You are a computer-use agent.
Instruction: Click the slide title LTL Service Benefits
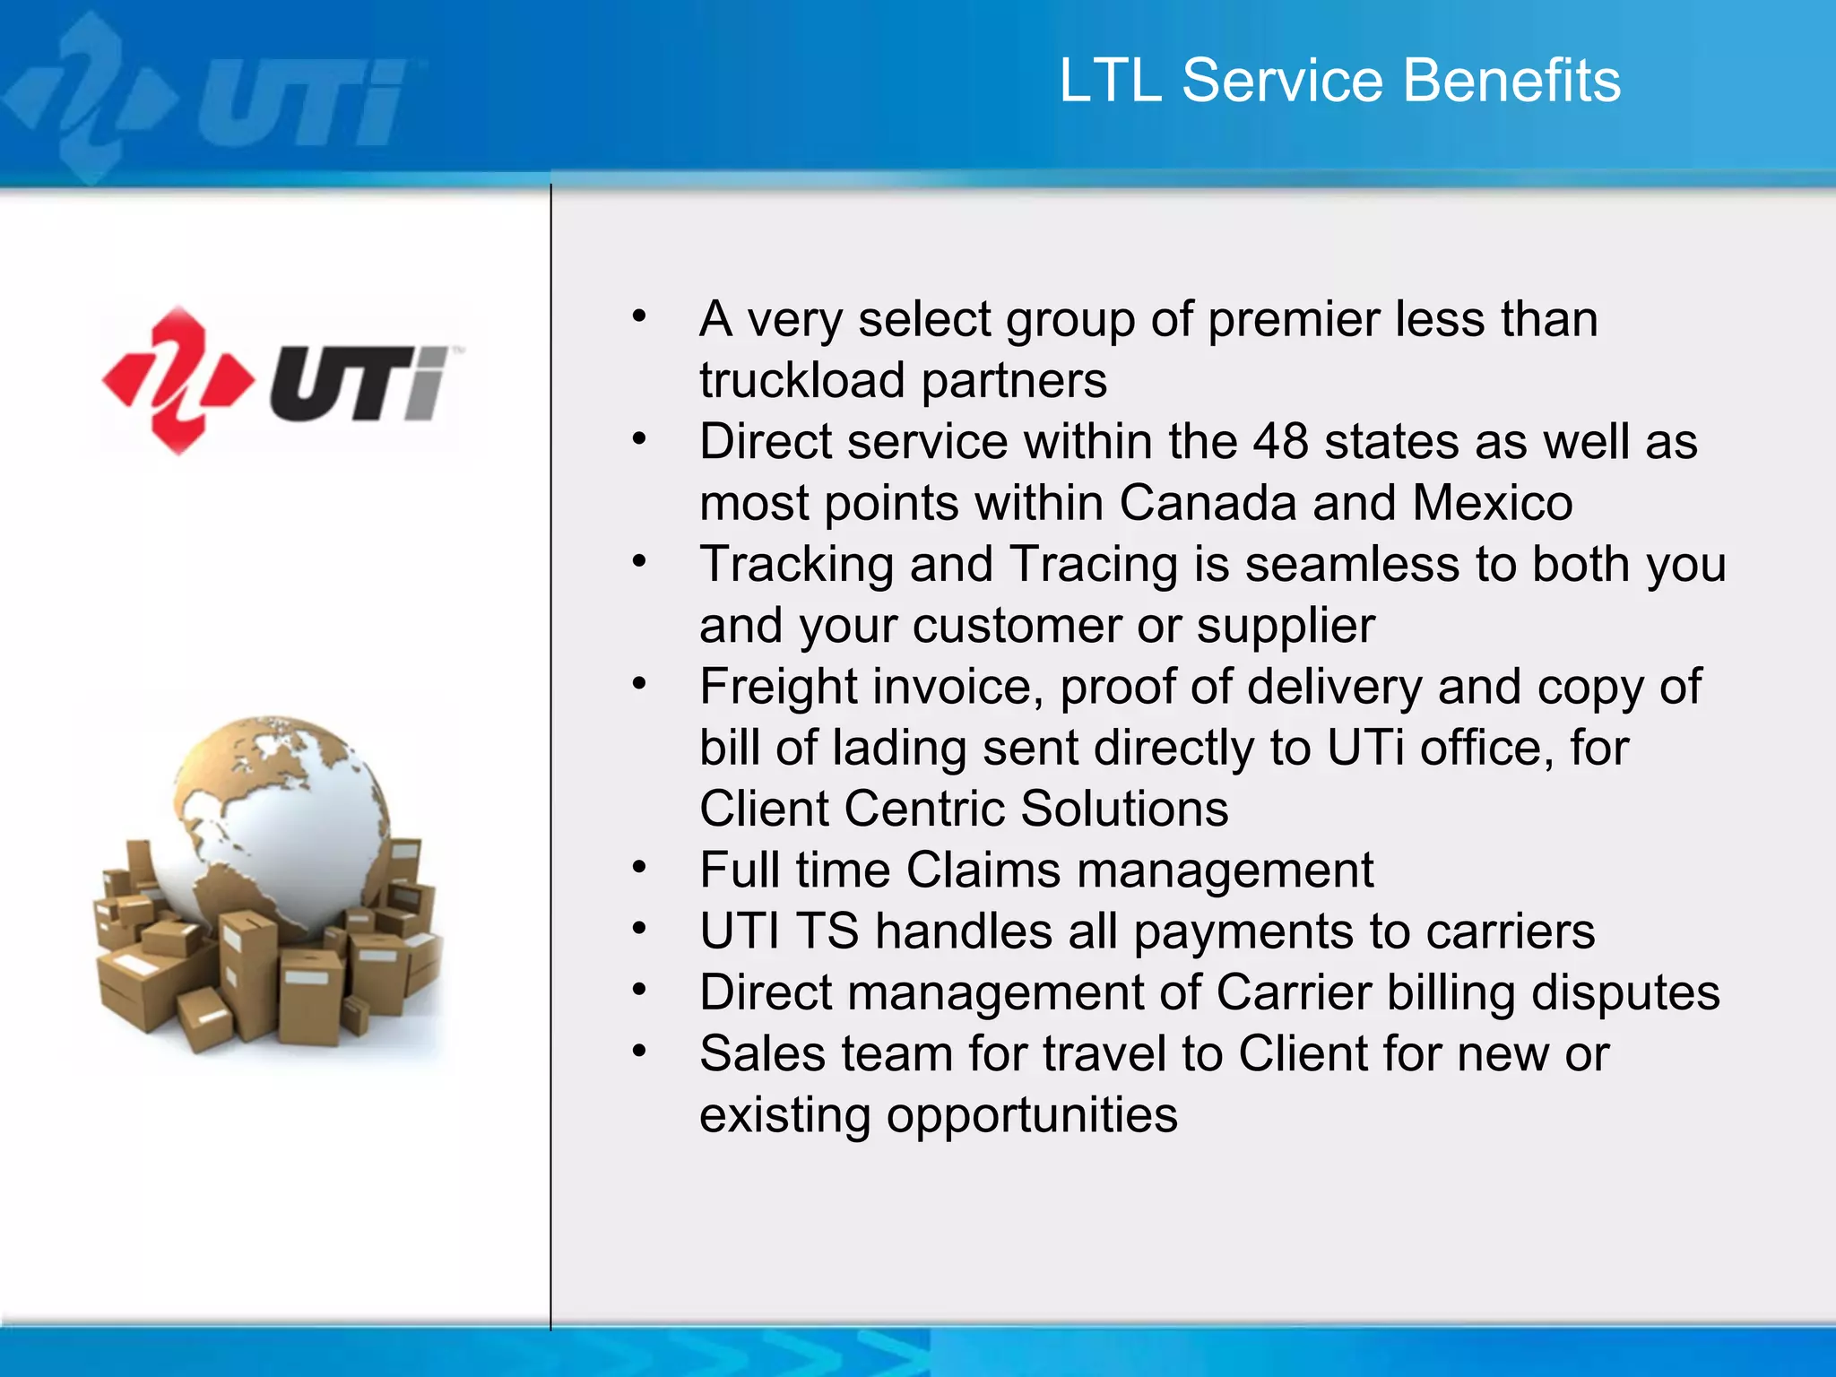pyautogui.click(x=1339, y=81)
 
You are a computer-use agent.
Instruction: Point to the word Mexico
pyautogui.click(x=1492, y=503)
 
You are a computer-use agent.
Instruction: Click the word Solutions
pyautogui.click(x=1124, y=809)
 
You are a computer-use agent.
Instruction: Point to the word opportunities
pyautogui.click(x=1031, y=1115)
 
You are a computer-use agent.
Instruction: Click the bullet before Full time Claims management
pyautogui.click(x=638, y=868)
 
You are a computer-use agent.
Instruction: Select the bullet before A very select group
pyautogui.click(x=638, y=316)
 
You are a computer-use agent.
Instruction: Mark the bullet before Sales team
pyautogui.click(x=638, y=1051)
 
